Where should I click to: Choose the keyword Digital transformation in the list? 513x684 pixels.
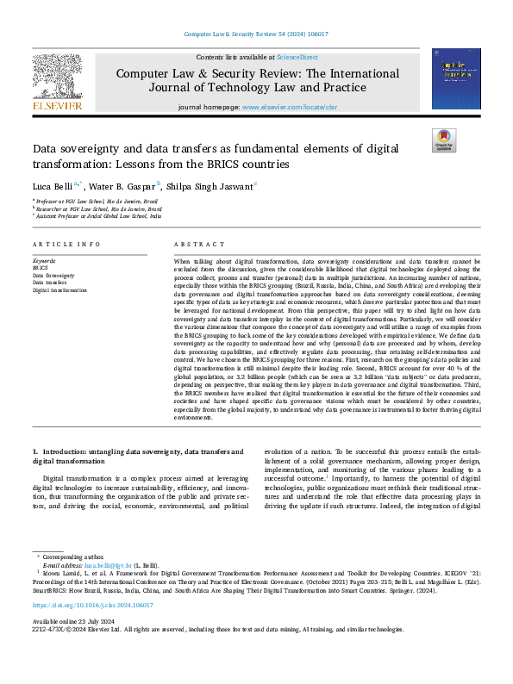tap(60, 290)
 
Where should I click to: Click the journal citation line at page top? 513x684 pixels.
tap(256, 34)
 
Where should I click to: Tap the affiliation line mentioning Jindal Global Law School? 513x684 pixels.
tap(97, 216)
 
